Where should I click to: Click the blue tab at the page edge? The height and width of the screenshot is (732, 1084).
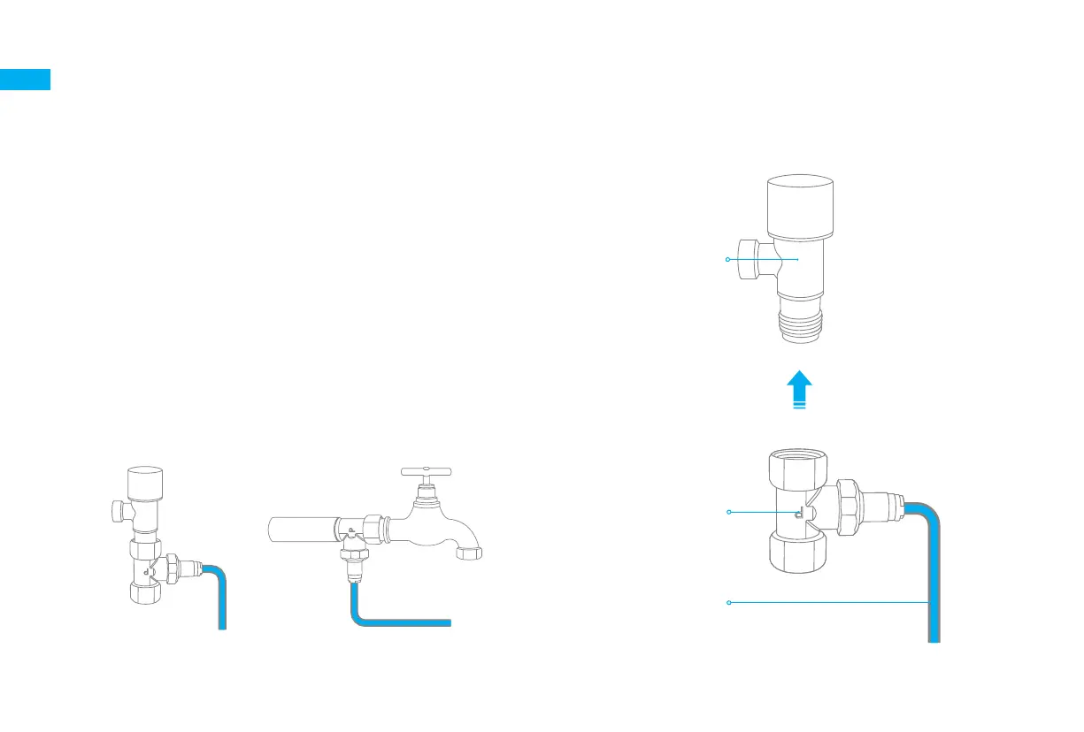pyautogui.click(x=25, y=80)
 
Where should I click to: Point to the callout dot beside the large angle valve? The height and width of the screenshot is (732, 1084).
pyautogui.click(x=727, y=259)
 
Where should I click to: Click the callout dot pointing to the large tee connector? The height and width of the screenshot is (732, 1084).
pyautogui.click(x=727, y=512)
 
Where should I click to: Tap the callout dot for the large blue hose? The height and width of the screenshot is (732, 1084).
pyautogui.click(x=727, y=603)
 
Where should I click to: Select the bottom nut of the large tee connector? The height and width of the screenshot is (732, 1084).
pyautogui.click(x=798, y=553)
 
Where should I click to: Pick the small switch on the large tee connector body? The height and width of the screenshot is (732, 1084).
pyautogui.click(x=798, y=514)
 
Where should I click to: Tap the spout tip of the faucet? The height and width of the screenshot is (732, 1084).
pyautogui.click(x=469, y=554)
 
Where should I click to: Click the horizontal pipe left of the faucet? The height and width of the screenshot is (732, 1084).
pyautogui.click(x=301, y=530)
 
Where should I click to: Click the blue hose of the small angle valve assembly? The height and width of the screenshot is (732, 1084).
pyautogui.click(x=221, y=601)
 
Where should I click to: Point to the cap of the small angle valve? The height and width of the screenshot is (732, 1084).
pyautogui.click(x=143, y=481)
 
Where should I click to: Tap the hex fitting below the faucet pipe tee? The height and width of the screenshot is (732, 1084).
pyautogui.click(x=354, y=566)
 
